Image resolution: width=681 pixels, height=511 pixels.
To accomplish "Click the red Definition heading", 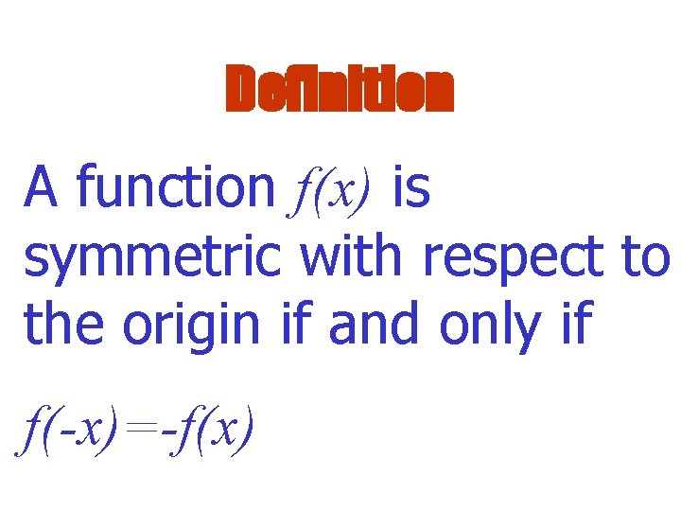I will (x=340, y=91).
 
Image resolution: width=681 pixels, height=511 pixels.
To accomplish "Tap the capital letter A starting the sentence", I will (x=44, y=186).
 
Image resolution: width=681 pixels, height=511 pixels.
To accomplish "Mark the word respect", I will (x=512, y=257).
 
